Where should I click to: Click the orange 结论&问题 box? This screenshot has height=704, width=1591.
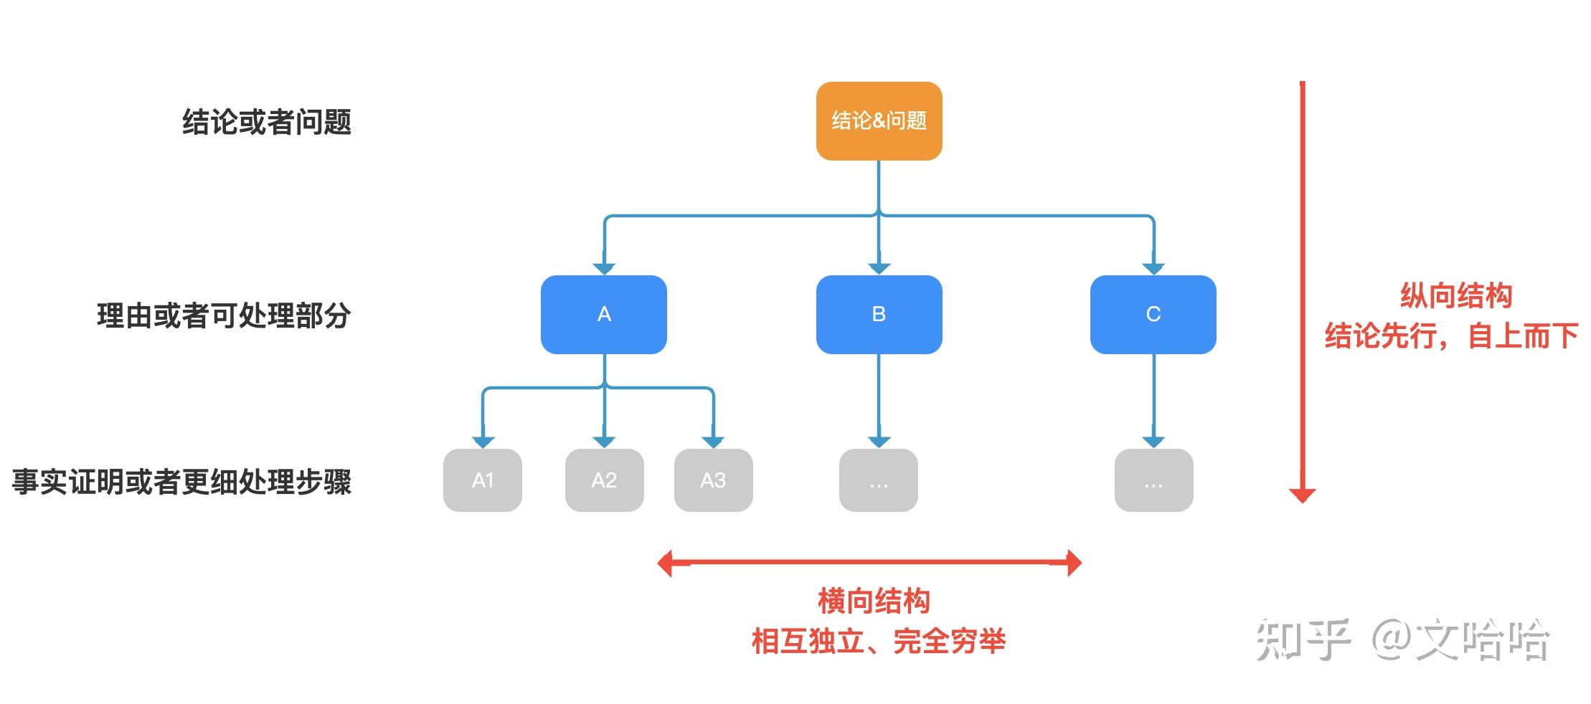pyautogui.click(x=879, y=120)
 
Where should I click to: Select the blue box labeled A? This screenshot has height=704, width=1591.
pyautogui.click(x=604, y=314)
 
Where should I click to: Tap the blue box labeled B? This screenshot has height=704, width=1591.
pyautogui.click(x=879, y=314)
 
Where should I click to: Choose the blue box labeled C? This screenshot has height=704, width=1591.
pyautogui.click(x=1153, y=314)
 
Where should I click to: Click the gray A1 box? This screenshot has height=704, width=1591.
pyautogui.click(x=483, y=480)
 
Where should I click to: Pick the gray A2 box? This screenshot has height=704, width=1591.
pyautogui.click(x=604, y=480)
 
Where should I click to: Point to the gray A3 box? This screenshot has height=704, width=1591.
pyautogui.click(x=713, y=480)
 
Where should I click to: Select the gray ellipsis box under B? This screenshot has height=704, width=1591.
pyautogui.click(x=879, y=480)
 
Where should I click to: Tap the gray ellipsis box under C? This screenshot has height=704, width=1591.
pyautogui.click(x=1153, y=480)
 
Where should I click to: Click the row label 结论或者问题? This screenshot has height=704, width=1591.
pyautogui.click(x=267, y=122)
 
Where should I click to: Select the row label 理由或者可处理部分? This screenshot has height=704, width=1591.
pyautogui.click(x=224, y=315)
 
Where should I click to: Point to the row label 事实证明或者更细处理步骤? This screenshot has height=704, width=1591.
pyautogui.click(x=181, y=482)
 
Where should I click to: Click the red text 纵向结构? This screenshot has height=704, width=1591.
pyautogui.click(x=1456, y=295)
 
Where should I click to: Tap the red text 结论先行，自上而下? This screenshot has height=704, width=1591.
pyautogui.click(x=1451, y=336)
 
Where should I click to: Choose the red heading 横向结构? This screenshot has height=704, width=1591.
pyautogui.click(x=874, y=601)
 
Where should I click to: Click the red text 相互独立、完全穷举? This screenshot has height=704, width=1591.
pyautogui.click(x=878, y=641)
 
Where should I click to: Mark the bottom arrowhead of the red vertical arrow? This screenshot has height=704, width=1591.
pyautogui.click(x=1302, y=495)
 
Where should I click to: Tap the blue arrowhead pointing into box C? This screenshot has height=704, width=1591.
pyautogui.click(x=1153, y=268)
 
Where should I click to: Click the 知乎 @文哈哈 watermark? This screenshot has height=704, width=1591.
pyautogui.click(x=1402, y=639)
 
